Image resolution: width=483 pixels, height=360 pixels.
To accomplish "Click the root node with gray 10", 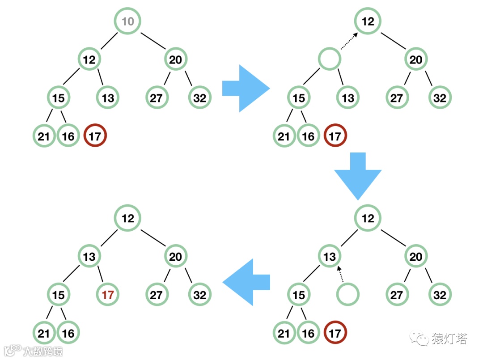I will (128, 21).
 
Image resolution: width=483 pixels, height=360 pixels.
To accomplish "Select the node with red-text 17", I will (108, 295).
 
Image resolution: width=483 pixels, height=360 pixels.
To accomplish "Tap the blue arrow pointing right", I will (246, 88).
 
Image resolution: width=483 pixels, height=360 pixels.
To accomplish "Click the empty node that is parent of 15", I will (330, 59).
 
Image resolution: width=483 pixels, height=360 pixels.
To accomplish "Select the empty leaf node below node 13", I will (347, 295).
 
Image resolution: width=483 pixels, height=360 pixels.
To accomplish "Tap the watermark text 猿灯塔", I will (449, 339).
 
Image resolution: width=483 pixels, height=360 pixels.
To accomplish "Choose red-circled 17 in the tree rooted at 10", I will (95, 136).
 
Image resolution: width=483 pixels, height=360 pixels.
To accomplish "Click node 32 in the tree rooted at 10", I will (200, 97).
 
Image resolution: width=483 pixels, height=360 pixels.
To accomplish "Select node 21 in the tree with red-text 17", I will (44, 333).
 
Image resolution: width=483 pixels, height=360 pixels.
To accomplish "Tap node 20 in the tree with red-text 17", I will (176, 257).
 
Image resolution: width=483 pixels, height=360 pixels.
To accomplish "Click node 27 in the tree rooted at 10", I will (156, 97).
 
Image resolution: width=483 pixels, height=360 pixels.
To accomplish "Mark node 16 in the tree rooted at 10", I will (68, 136).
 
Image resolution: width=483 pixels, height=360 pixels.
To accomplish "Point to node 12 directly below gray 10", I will (89, 59).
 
